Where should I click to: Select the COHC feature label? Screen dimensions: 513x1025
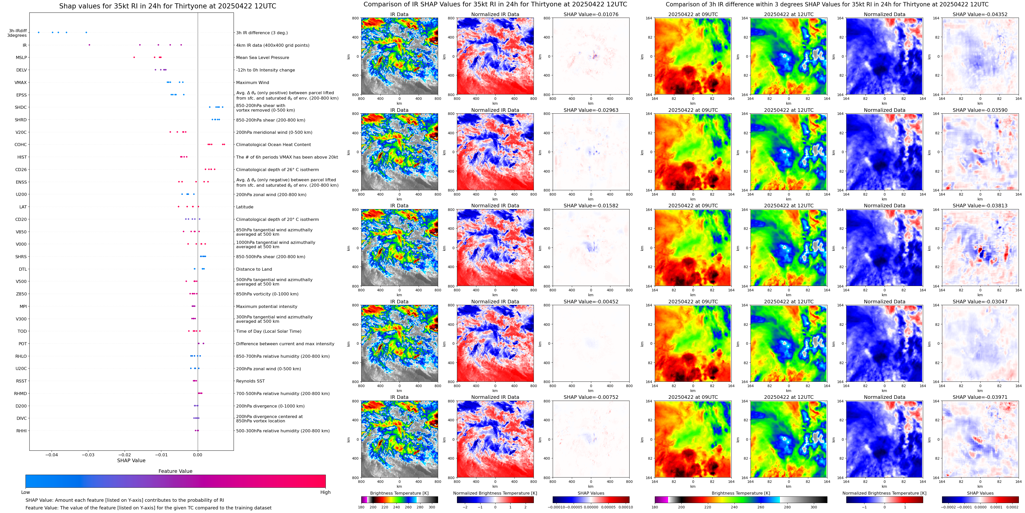(21, 145)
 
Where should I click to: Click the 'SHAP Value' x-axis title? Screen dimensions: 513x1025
(131, 460)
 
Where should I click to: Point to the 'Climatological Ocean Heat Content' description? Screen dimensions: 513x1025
(273, 145)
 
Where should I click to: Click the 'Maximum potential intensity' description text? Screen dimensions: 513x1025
(267, 306)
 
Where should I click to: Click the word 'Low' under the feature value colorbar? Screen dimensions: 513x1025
(26, 492)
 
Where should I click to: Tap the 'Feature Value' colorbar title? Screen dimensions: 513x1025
(175, 471)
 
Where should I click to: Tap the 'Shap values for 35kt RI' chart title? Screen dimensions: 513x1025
(167, 6)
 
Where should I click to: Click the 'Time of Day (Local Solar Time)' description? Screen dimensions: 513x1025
(269, 331)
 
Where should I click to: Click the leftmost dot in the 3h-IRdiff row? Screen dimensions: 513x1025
(39, 33)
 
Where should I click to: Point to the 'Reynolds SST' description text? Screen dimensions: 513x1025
(250, 381)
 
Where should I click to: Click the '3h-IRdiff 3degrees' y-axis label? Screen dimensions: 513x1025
(18, 33)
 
